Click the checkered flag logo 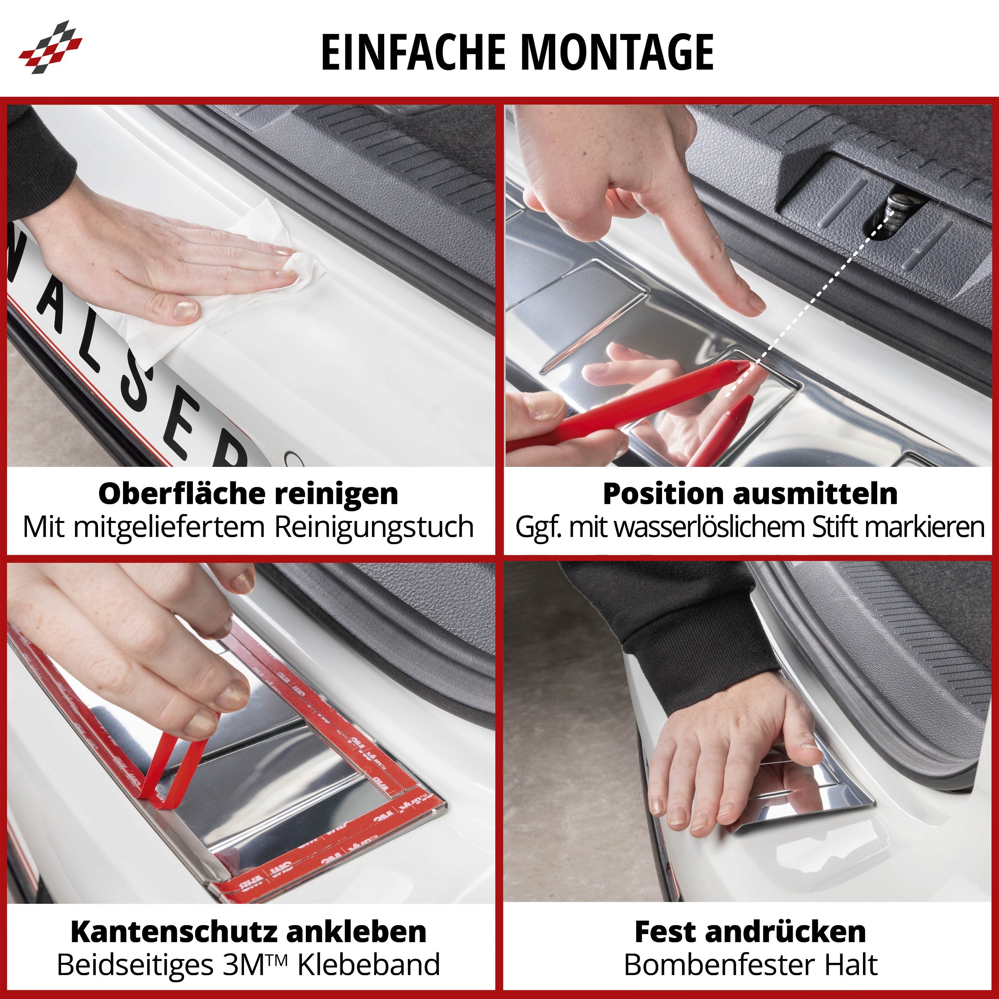(50, 47)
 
